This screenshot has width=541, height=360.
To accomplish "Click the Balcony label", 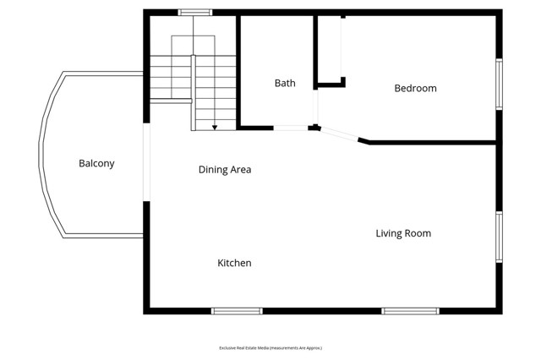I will tap(96, 163).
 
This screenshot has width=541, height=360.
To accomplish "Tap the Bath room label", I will tap(285, 83).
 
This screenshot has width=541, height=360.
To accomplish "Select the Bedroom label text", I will tap(415, 88).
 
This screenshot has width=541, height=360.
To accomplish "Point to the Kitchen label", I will tap(234, 263).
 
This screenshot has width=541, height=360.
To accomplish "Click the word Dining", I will tap(213, 169).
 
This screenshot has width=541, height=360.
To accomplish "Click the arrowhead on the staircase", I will tap(215, 127).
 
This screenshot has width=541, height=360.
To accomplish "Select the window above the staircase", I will tap(194, 12).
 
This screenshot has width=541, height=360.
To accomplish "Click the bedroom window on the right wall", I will tap(499, 84).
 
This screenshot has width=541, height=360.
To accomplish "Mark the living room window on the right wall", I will tap(499, 237).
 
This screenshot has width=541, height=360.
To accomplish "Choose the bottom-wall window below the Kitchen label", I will tap(237, 311).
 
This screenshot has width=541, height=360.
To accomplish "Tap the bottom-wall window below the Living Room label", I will tap(410, 311).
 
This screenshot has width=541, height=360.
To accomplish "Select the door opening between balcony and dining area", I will tap(146, 162).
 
